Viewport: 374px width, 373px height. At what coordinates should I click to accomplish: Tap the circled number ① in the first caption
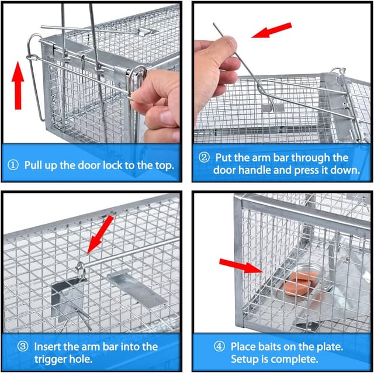point(15,165)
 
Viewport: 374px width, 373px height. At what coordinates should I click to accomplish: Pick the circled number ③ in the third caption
point(23,347)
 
